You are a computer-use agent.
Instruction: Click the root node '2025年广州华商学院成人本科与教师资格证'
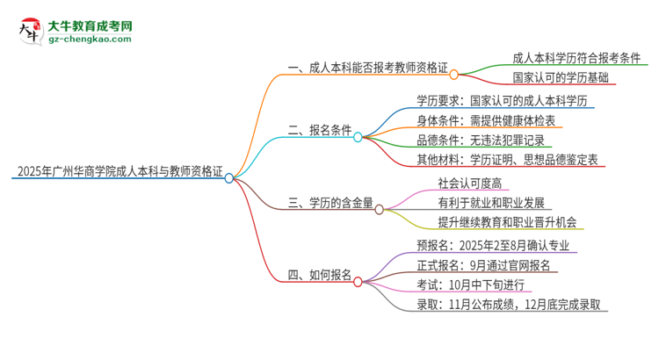114,170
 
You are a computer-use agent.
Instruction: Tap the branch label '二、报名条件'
320,130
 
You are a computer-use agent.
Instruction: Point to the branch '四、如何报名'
320,275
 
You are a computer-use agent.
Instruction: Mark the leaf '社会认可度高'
470,183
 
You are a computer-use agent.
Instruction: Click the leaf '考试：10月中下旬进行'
470,284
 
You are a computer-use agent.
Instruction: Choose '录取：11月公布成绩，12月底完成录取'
511,305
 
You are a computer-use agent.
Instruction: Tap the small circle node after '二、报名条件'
358,137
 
